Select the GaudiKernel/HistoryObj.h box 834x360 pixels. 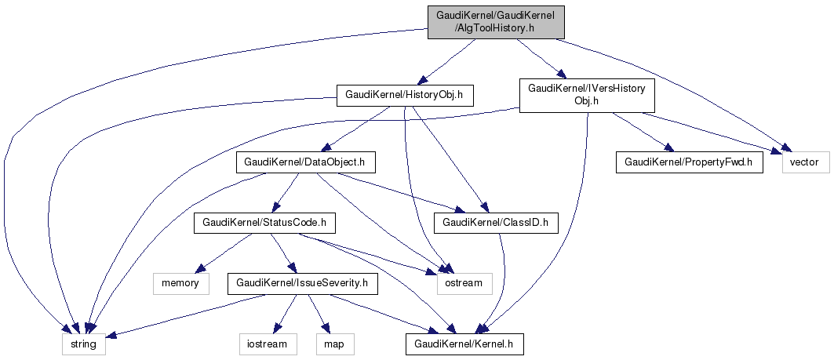pyautogui.click(x=405, y=95)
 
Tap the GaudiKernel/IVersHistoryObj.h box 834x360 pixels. pyautogui.click(x=587, y=95)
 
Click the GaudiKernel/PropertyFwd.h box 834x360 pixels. pyautogui.click(x=690, y=162)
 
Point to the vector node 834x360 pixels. pyautogui.click(x=806, y=162)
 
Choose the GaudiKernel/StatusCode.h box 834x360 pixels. pyautogui.click(x=264, y=222)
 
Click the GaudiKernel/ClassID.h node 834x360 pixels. pyautogui.click(x=497, y=222)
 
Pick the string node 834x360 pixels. pyautogui.click(x=83, y=344)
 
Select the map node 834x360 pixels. pyautogui.click(x=335, y=344)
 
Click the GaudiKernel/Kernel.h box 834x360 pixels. pyautogui.click(x=465, y=344)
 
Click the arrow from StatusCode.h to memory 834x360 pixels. pyautogui.click(x=224, y=253)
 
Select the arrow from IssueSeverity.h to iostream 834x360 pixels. pyautogui.click(x=286, y=314)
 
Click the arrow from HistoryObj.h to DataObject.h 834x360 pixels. pyautogui.click(x=355, y=129)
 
